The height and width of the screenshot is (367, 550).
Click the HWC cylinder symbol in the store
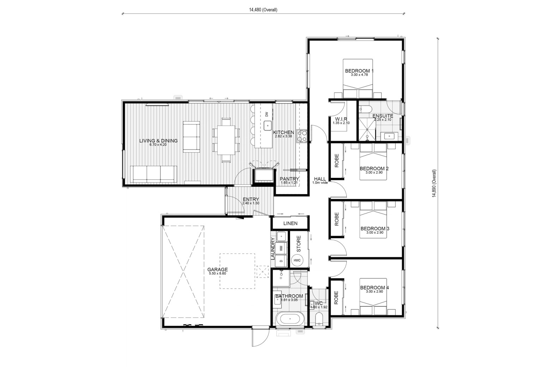297,260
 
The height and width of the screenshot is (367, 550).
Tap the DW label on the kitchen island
267,114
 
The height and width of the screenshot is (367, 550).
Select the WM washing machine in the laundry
281,248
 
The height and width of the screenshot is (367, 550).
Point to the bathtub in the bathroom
290,319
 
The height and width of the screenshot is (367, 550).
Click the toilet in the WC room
319,320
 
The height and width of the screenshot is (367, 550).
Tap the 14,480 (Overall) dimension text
263,10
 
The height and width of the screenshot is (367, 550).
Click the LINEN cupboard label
290,223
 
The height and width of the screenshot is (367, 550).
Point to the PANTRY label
289,179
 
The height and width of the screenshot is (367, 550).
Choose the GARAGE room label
218,269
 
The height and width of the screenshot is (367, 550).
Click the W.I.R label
341,119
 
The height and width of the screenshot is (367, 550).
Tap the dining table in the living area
226,140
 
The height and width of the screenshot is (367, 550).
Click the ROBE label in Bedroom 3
336,219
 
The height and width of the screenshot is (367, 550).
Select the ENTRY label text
251,199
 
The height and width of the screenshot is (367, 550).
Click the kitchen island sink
268,126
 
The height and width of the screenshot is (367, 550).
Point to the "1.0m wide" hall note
320,183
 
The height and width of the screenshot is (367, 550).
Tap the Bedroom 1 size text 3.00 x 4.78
359,75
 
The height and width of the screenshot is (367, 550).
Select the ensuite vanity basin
389,136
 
